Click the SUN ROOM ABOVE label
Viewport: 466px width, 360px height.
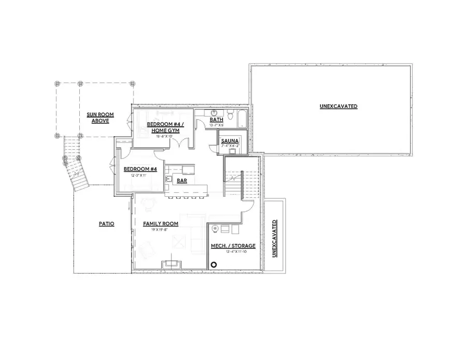coord(100,118)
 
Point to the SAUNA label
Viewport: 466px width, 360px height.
coord(229,141)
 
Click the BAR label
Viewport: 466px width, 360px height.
coord(182,181)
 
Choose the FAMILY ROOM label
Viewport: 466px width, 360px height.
coord(161,224)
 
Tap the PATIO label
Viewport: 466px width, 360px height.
coord(107,224)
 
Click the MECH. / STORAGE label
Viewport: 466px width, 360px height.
coord(233,246)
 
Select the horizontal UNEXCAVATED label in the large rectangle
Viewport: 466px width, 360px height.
coord(339,106)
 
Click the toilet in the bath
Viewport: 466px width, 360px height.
coord(228,113)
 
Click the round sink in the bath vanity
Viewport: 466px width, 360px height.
coord(213,113)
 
